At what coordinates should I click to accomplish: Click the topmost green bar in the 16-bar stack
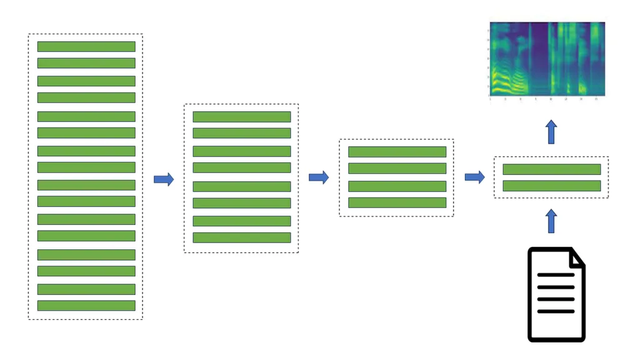tap(86, 47)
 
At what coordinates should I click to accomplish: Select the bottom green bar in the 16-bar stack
tap(86, 306)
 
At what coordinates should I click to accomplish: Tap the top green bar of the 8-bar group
tap(242, 117)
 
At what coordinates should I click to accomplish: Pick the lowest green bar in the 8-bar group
tap(242, 237)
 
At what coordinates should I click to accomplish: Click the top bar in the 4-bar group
tap(397, 152)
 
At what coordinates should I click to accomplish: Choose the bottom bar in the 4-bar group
tap(397, 202)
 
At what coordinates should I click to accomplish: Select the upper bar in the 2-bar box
tap(551, 169)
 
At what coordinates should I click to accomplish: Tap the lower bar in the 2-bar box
tap(551, 186)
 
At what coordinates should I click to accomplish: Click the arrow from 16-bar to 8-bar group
tap(164, 179)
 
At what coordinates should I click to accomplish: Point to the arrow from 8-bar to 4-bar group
tap(319, 177)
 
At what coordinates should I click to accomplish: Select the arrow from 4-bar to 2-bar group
tap(474, 177)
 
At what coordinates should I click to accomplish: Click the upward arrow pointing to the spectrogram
tap(551, 132)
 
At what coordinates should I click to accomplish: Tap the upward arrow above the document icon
tap(551, 221)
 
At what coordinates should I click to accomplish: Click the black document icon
tap(556, 294)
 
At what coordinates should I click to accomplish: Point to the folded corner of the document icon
tap(577, 257)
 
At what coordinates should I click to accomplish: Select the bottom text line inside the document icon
tap(555, 311)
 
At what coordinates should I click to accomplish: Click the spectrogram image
tap(547, 59)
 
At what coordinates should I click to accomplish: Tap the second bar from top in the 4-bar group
tap(397, 169)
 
